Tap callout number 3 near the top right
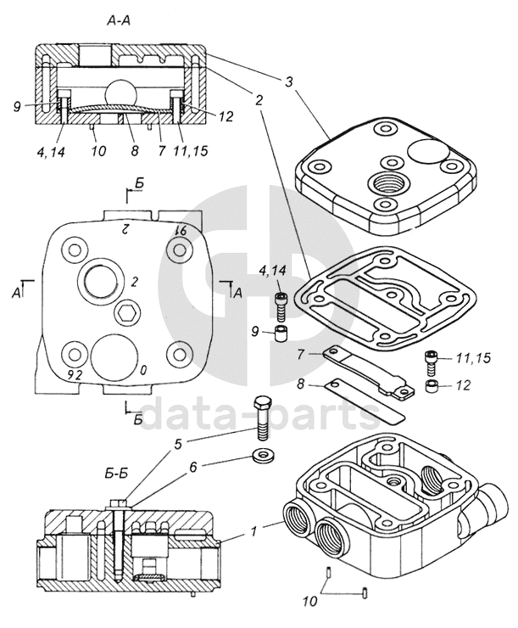(290, 82)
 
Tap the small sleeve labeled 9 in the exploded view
(279, 330)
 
